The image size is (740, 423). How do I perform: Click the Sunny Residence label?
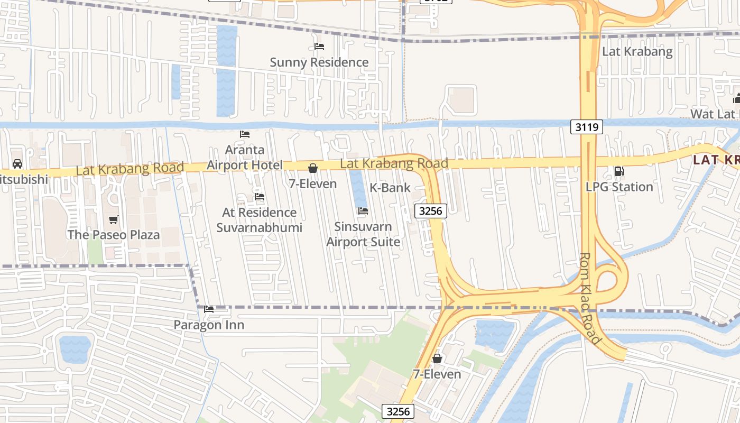click(x=319, y=62)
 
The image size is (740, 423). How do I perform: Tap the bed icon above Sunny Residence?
click(x=319, y=47)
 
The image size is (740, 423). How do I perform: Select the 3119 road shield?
click(x=587, y=127)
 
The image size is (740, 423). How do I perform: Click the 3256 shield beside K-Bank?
click(x=430, y=211)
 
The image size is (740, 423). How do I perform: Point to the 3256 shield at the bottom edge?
click(x=397, y=411)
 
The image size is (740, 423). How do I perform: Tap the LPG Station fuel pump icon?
click(x=618, y=171)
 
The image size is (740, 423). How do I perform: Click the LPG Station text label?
click(x=619, y=187)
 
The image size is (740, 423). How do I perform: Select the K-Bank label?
click(x=390, y=187)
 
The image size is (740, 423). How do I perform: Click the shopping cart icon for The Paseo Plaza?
click(x=113, y=219)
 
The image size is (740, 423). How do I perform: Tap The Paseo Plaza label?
click(x=113, y=234)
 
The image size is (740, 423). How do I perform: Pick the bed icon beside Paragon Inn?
click(x=209, y=309)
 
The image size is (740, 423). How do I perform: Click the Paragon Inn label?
click(x=209, y=325)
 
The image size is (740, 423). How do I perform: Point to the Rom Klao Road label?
click(x=590, y=299)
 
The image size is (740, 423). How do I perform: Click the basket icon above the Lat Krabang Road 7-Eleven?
click(x=313, y=168)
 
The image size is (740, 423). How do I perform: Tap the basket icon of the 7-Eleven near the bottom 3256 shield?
click(x=437, y=358)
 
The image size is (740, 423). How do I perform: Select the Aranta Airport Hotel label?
click(x=244, y=158)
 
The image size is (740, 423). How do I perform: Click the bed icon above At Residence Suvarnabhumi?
click(x=259, y=197)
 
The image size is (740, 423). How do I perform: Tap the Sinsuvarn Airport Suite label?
click(x=363, y=234)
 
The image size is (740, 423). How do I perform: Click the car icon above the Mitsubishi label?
click(x=17, y=164)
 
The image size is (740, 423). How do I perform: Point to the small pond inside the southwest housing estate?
click(x=75, y=349)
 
